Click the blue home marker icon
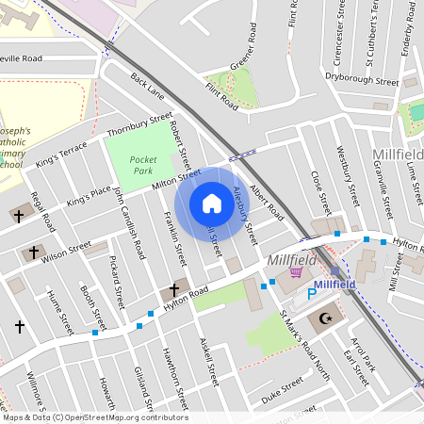(x=211, y=203)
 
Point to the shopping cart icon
(x=296, y=272)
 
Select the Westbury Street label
(x=348, y=182)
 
